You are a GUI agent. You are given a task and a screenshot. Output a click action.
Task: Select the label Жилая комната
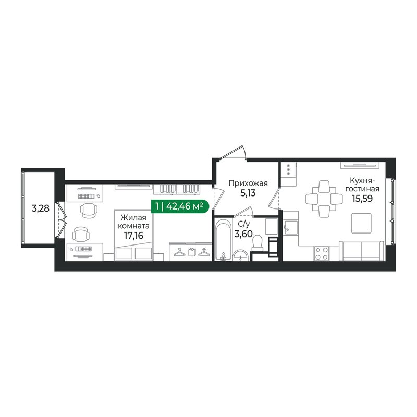pos(134,222)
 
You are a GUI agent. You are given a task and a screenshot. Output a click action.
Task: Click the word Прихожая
pos(248,183)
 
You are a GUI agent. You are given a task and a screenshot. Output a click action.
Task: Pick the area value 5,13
pos(248,193)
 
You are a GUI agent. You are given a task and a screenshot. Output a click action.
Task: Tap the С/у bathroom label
pos(242,225)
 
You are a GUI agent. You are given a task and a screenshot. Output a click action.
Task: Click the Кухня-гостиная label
pos(364,185)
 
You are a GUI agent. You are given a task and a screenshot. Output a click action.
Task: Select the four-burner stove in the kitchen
pos(322,253)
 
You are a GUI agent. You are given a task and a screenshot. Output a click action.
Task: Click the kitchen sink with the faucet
pos(289,227)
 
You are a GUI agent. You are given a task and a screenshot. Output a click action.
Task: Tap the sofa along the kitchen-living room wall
pos(361,251)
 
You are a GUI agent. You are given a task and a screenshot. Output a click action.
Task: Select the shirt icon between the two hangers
pos(191,253)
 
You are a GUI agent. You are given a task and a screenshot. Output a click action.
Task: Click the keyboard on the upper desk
pos(85,196)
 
